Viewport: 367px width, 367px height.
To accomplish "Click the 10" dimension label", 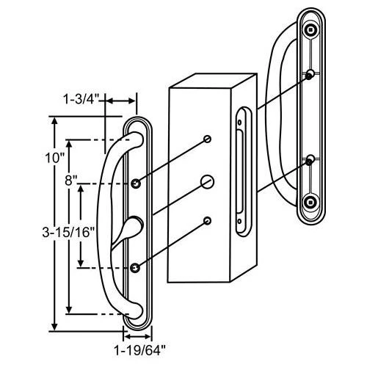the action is point(54,158).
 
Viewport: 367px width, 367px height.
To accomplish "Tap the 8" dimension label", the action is point(71,181).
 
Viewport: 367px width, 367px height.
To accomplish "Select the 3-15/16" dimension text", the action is point(68,232).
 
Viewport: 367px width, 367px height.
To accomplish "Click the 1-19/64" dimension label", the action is point(140,350).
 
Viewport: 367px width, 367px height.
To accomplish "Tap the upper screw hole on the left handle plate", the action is point(136,183).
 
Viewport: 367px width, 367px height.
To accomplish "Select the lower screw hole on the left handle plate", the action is point(135,268).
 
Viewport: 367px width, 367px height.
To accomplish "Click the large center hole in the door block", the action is point(207,182).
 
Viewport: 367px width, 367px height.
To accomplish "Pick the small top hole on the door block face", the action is point(208,139).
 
